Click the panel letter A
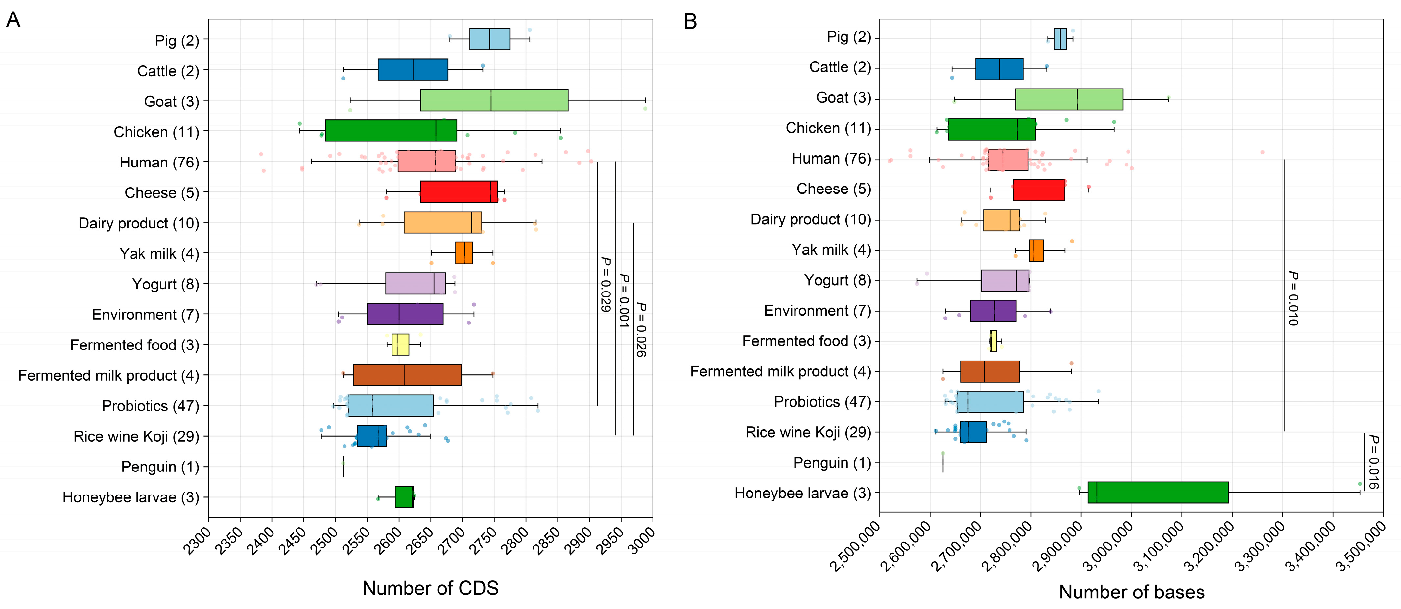tap(13, 20)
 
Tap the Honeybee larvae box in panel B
tap(1158, 493)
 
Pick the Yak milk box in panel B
tap(1036, 250)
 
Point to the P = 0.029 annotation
tap(605, 284)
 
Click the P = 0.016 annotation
tap(1373, 462)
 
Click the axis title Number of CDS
tap(430, 588)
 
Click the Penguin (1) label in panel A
tap(160, 467)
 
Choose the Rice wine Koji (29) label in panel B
tap(808, 432)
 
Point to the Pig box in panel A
tap(489, 39)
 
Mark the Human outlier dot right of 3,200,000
tap(1262, 152)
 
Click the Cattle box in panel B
tap(999, 69)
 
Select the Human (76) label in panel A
tap(159, 162)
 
